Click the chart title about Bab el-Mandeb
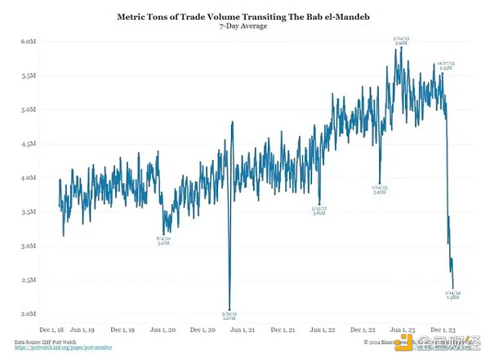click(x=245, y=16)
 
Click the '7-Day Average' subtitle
click(x=245, y=26)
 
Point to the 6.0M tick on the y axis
click(x=27, y=41)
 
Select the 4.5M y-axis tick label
click(x=27, y=144)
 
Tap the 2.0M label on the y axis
click(x=27, y=314)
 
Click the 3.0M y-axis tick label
click(x=27, y=246)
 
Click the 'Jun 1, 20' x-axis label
click(x=166, y=331)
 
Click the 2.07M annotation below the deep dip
click(x=229, y=314)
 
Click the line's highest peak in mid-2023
click(x=401, y=47)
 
